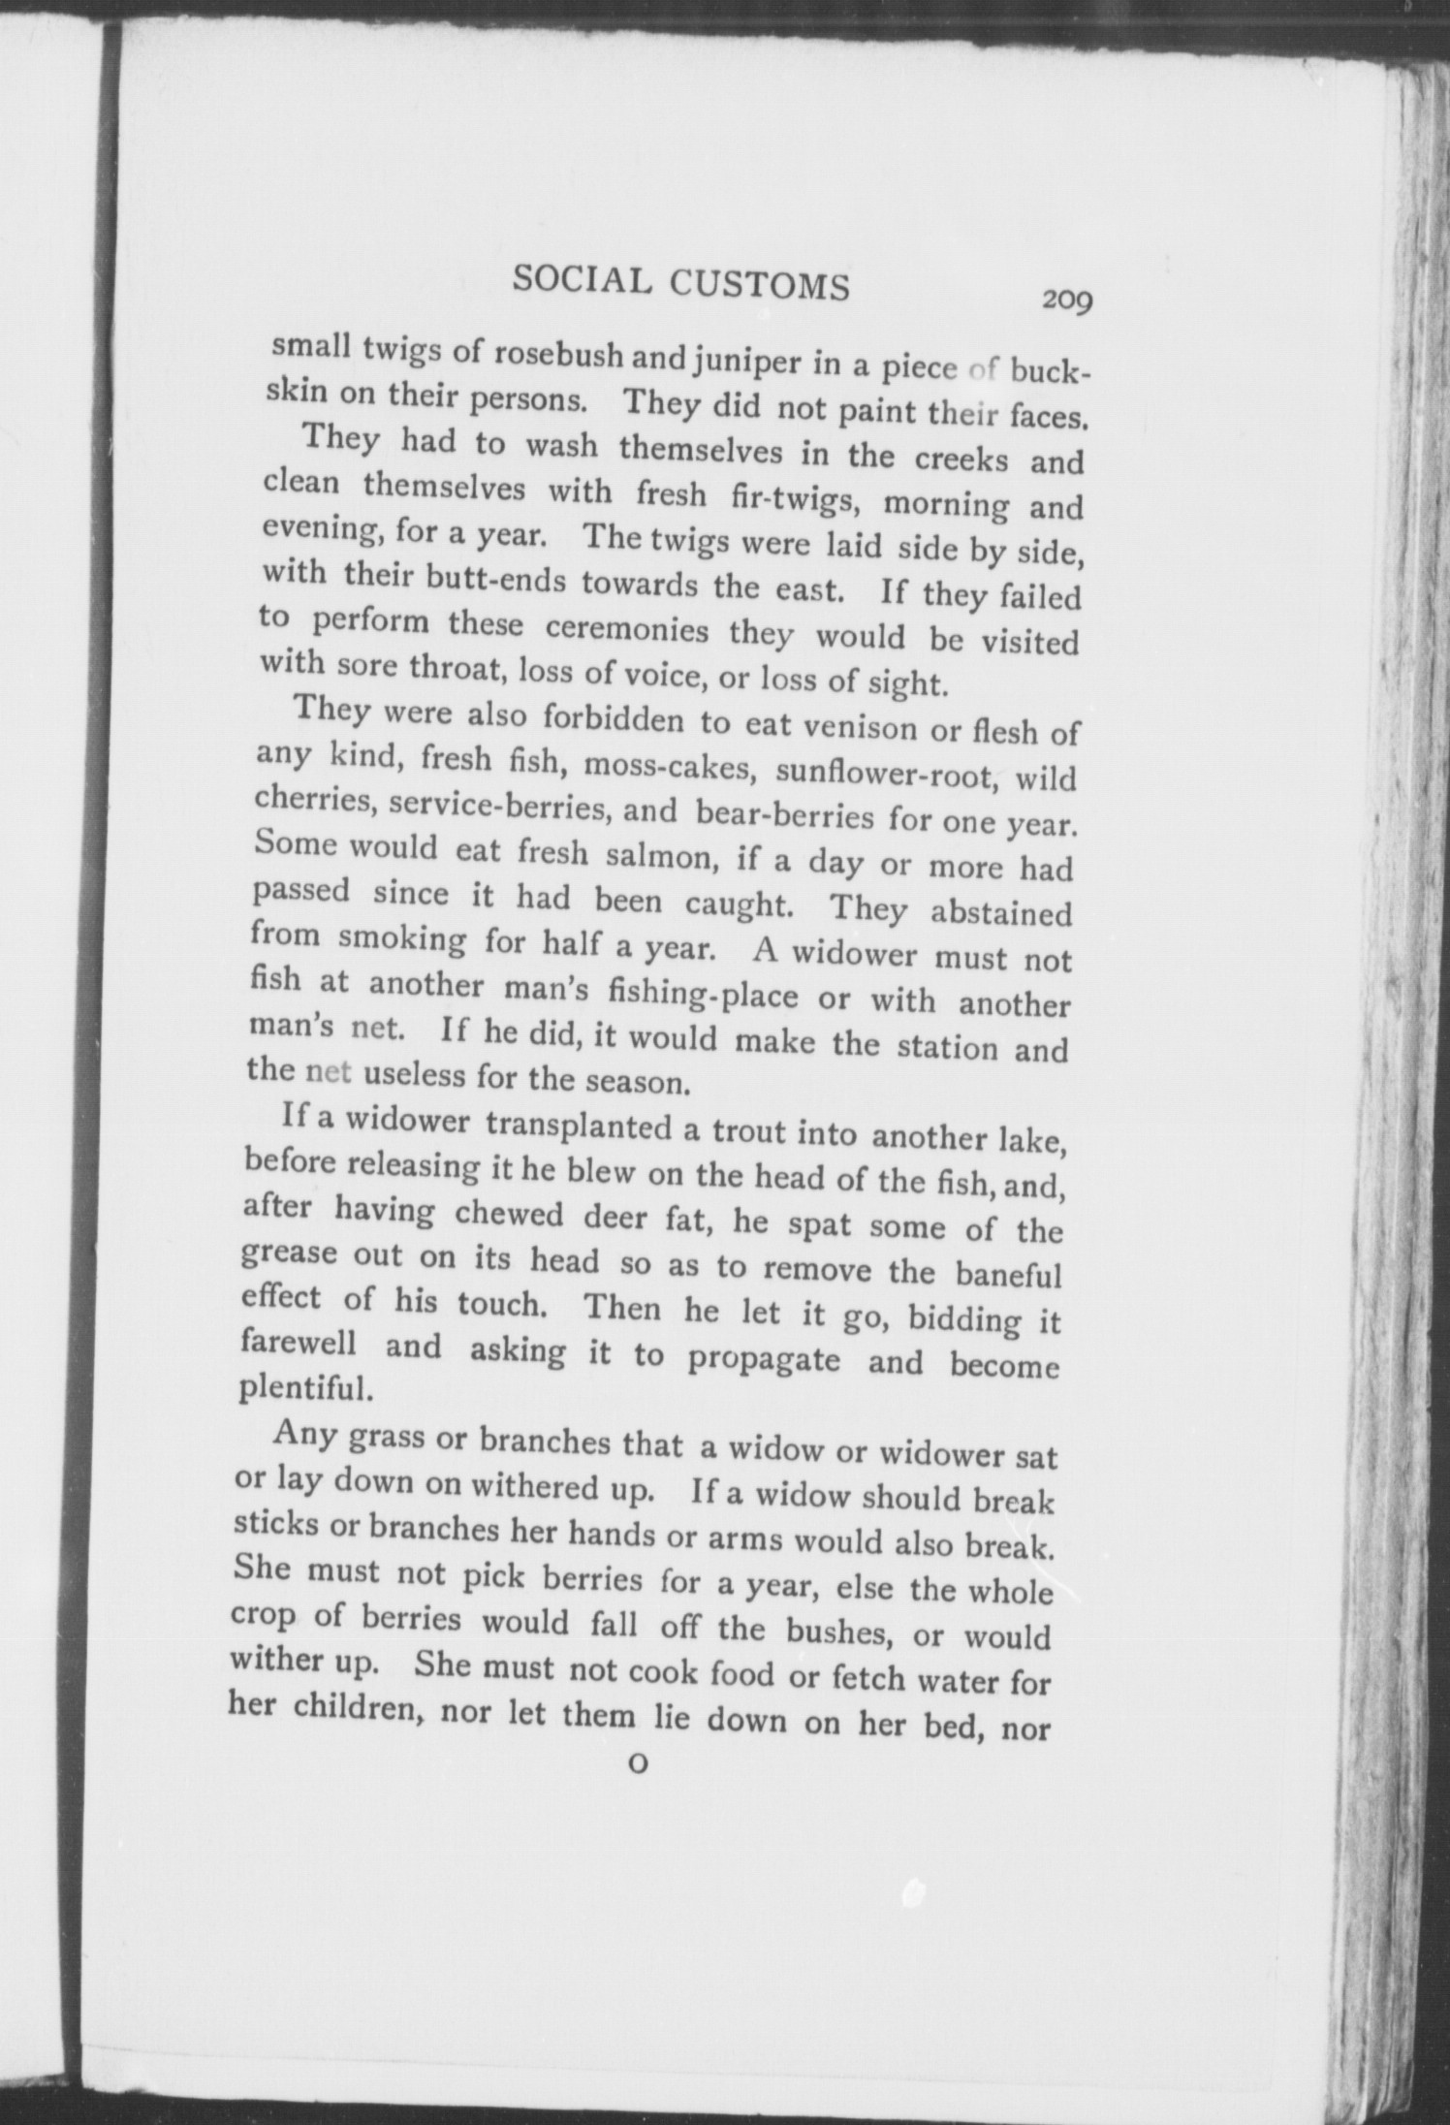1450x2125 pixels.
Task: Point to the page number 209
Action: pos(1067,300)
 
